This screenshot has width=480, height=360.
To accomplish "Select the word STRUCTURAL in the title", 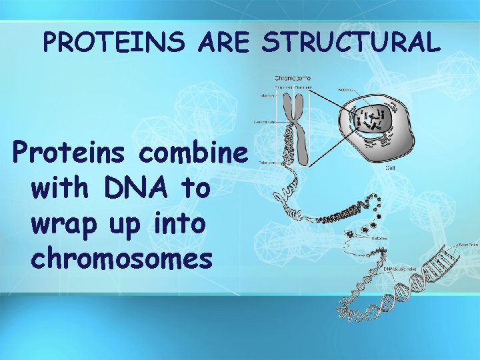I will [351, 43].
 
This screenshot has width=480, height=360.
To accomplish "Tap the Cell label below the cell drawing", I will [391, 168].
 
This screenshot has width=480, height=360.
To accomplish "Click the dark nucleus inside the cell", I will [373, 121].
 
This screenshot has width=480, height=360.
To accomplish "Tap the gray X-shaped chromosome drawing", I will [299, 127].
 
